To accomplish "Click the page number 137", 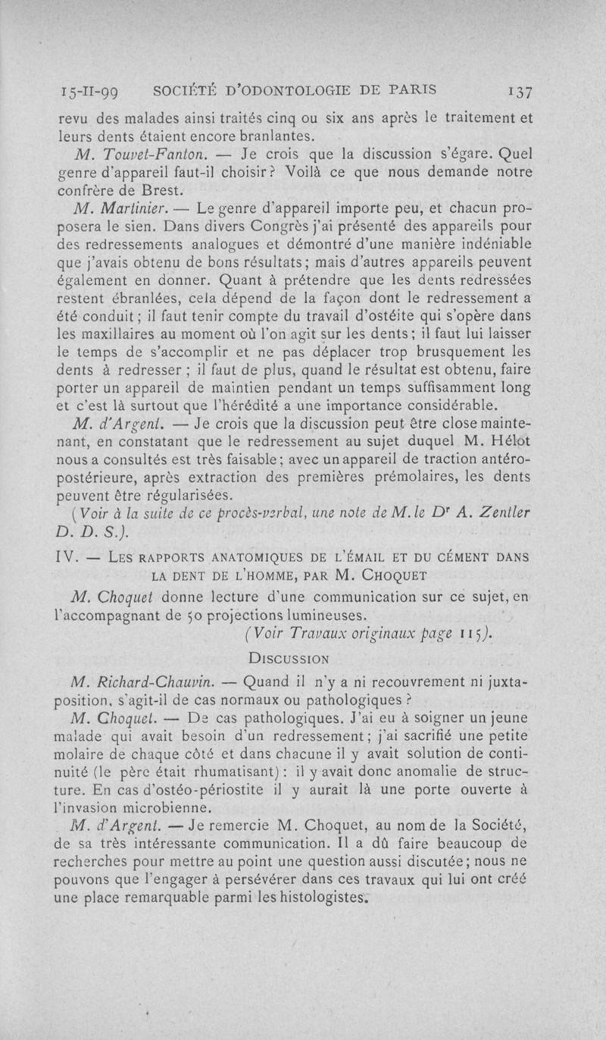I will click(520, 89).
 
